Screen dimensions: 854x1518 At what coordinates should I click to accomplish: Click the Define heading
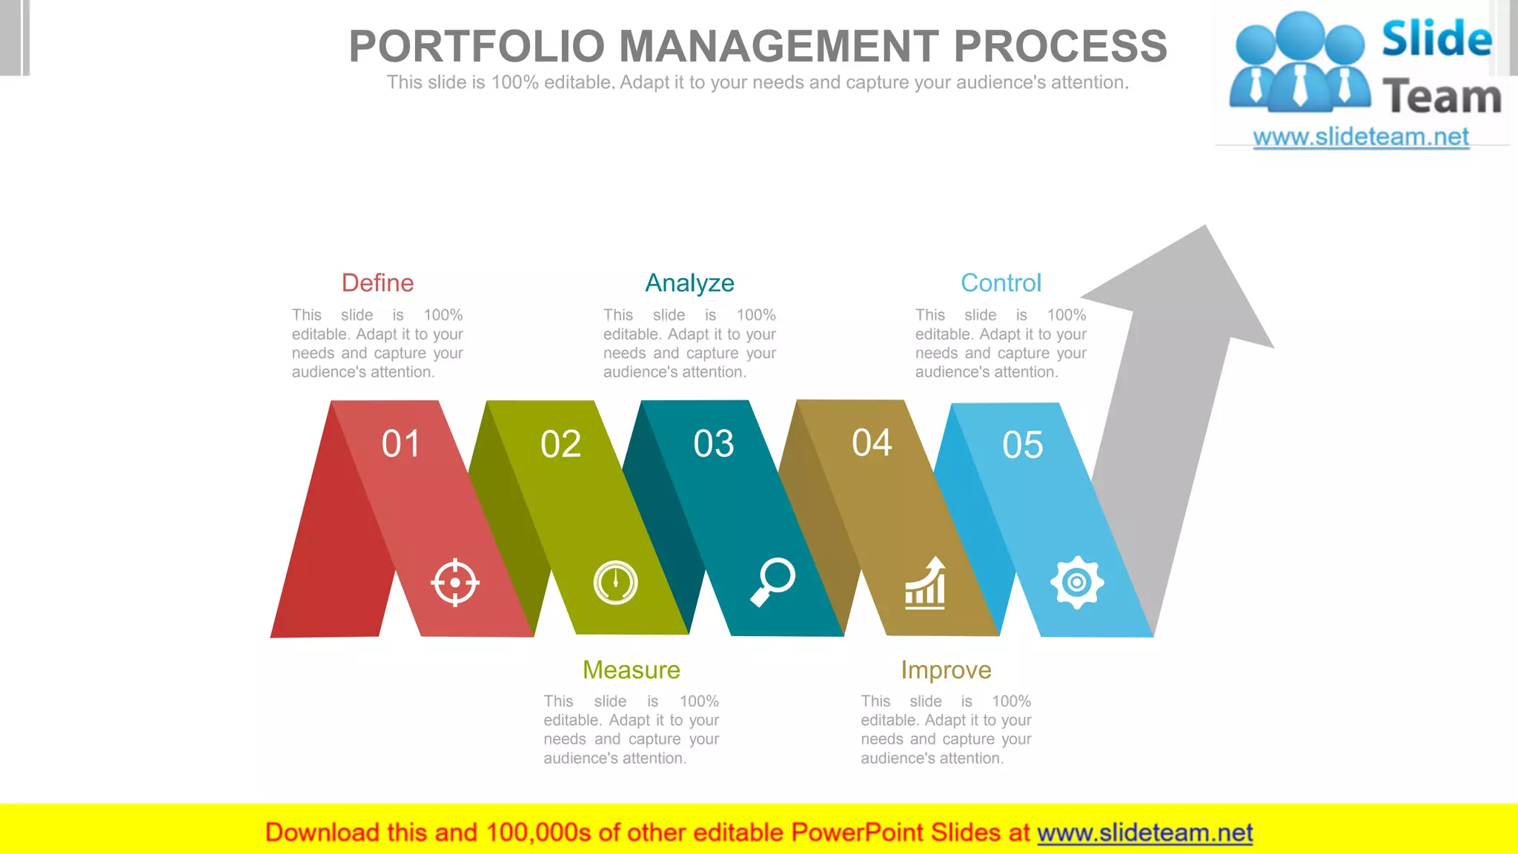pos(377,283)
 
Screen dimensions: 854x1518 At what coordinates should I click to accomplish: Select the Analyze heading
pos(689,283)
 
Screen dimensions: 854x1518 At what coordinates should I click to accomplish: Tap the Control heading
pos(1001,283)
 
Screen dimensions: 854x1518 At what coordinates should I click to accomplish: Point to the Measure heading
pos(631,670)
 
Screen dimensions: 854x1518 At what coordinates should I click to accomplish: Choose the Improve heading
pos(946,670)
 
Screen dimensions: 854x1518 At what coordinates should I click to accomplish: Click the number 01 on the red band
pos(401,444)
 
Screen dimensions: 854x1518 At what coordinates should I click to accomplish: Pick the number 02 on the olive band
pos(560,445)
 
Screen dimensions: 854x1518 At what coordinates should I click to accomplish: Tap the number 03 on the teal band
pos(714,444)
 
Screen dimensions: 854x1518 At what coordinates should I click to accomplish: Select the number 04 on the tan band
pos(872,443)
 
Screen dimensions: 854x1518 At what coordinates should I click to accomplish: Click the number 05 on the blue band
pos(1023,446)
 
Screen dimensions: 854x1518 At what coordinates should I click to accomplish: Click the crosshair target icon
pos(455,583)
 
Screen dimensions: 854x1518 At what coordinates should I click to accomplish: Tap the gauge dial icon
pos(615,583)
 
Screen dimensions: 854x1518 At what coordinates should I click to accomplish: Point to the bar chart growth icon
pos(925,583)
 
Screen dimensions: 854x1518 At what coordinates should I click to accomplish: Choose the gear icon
pos(1077,583)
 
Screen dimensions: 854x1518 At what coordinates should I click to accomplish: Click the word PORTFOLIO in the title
pos(477,46)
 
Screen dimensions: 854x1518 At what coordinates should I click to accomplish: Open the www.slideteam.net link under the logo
pos(1361,137)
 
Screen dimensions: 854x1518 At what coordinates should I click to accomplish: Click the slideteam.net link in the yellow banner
pos(1144,833)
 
